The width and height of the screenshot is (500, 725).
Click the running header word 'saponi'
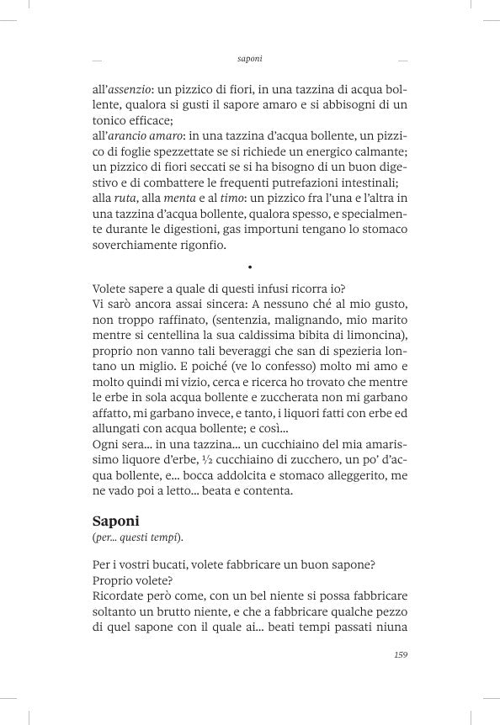[x=250, y=60]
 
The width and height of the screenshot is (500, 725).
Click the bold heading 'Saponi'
[x=115, y=521]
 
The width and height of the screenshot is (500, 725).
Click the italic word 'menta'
[x=179, y=198]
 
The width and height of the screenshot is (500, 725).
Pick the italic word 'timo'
[x=232, y=198]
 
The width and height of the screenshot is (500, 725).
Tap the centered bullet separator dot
[x=251, y=267]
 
